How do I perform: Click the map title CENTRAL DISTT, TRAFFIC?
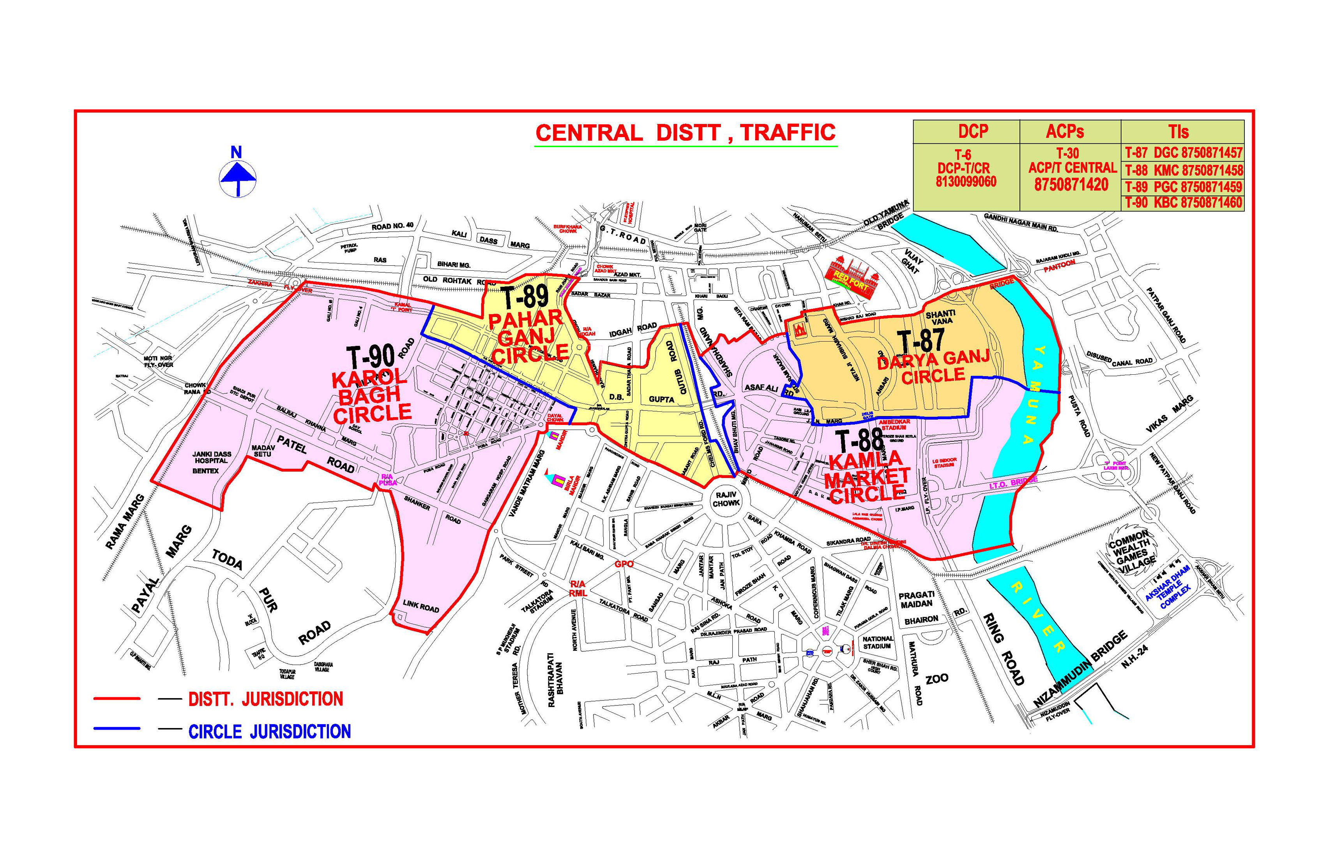[x=685, y=133]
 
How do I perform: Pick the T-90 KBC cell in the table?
[x=1183, y=203]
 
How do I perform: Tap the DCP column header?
[x=973, y=132]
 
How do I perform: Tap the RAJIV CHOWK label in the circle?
[x=726, y=499]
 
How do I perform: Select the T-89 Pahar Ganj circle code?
[x=525, y=298]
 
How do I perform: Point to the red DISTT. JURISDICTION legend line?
[x=117, y=698]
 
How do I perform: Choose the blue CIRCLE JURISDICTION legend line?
[x=117, y=728]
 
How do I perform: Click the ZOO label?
[x=937, y=679]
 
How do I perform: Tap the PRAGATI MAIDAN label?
[x=916, y=600]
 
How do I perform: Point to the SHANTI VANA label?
[x=940, y=317]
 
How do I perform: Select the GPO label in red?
[x=624, y=564]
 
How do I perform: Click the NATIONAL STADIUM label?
[x=877, y=643]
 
